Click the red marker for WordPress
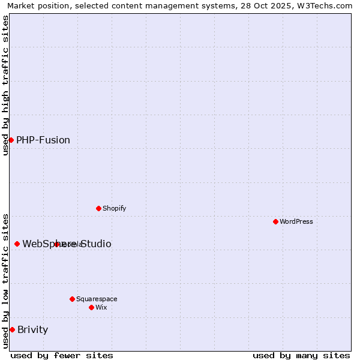click(275, 221)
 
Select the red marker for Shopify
click(98, 208)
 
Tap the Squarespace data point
click(72, 299)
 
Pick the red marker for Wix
click(91, 307)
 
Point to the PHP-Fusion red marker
click(11, 140)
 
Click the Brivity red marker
click(12, 329)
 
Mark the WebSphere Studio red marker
click(17, 244)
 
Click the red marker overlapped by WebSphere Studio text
click(56, 244)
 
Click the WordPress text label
click(296, 221)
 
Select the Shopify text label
click(115, 208)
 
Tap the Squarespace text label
click(97, 299)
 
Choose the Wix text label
click(101, 307)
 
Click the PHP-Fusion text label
click(43, 140)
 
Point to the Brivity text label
click(33, 329)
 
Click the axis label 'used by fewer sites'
click(62, 355)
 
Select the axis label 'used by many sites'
click(301, 355)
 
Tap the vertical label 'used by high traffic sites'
click(5, 85)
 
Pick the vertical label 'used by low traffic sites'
click(5, 280)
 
